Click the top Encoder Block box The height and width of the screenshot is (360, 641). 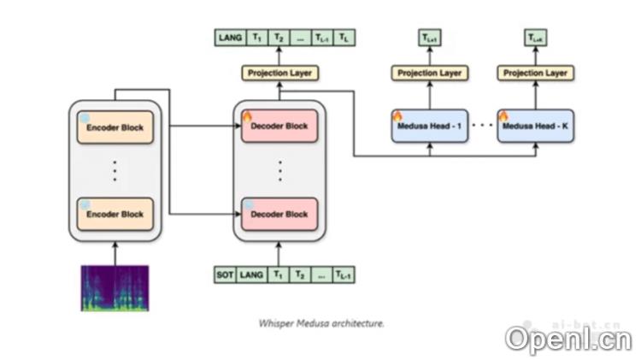(115, 127)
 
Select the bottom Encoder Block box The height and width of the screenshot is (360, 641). (115, 214)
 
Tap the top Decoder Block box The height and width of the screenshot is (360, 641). (279, 127)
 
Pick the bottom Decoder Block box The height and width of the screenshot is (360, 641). (279, 214)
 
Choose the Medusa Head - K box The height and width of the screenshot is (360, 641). (535, 127)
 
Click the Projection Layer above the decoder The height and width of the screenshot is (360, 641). (279, 74)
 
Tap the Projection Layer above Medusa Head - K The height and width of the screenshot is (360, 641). (535, 74)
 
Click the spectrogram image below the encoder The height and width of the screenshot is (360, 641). (115, 287)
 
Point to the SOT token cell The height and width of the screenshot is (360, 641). (225, 275)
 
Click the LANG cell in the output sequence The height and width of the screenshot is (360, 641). (230, 38)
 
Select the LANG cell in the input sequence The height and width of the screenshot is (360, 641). (252, 275)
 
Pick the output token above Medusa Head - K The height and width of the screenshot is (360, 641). (535, 38)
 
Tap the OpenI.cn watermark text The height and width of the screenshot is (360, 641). (567, 339)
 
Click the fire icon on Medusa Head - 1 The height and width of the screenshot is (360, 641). (397, 115)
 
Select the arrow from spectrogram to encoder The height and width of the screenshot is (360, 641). (115, 252)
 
